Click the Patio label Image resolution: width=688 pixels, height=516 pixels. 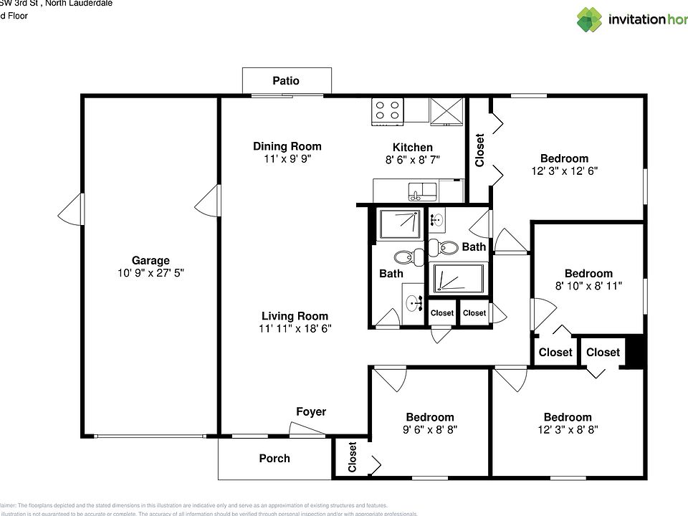[285, 81]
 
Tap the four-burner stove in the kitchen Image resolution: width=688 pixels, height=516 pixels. [388, 111]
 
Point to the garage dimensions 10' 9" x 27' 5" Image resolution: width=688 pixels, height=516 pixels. [150, 273]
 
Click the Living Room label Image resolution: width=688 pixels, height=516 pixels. [295, 316]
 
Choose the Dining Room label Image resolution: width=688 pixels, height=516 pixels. [287, 146]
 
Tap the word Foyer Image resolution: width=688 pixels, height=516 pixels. [311, 411]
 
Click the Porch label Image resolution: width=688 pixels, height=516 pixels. [274, 458]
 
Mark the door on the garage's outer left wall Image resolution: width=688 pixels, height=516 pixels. [72, 208]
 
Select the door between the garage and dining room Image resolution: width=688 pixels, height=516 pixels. [207, 200]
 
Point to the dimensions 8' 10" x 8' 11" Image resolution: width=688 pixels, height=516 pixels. [588, 285]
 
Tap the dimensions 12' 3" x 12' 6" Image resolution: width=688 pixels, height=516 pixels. [564, 171]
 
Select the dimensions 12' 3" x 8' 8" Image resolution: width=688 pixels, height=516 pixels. [567, 429]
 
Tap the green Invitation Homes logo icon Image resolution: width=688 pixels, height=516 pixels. [589, 19]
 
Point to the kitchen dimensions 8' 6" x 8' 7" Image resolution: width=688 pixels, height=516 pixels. [412, 160]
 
